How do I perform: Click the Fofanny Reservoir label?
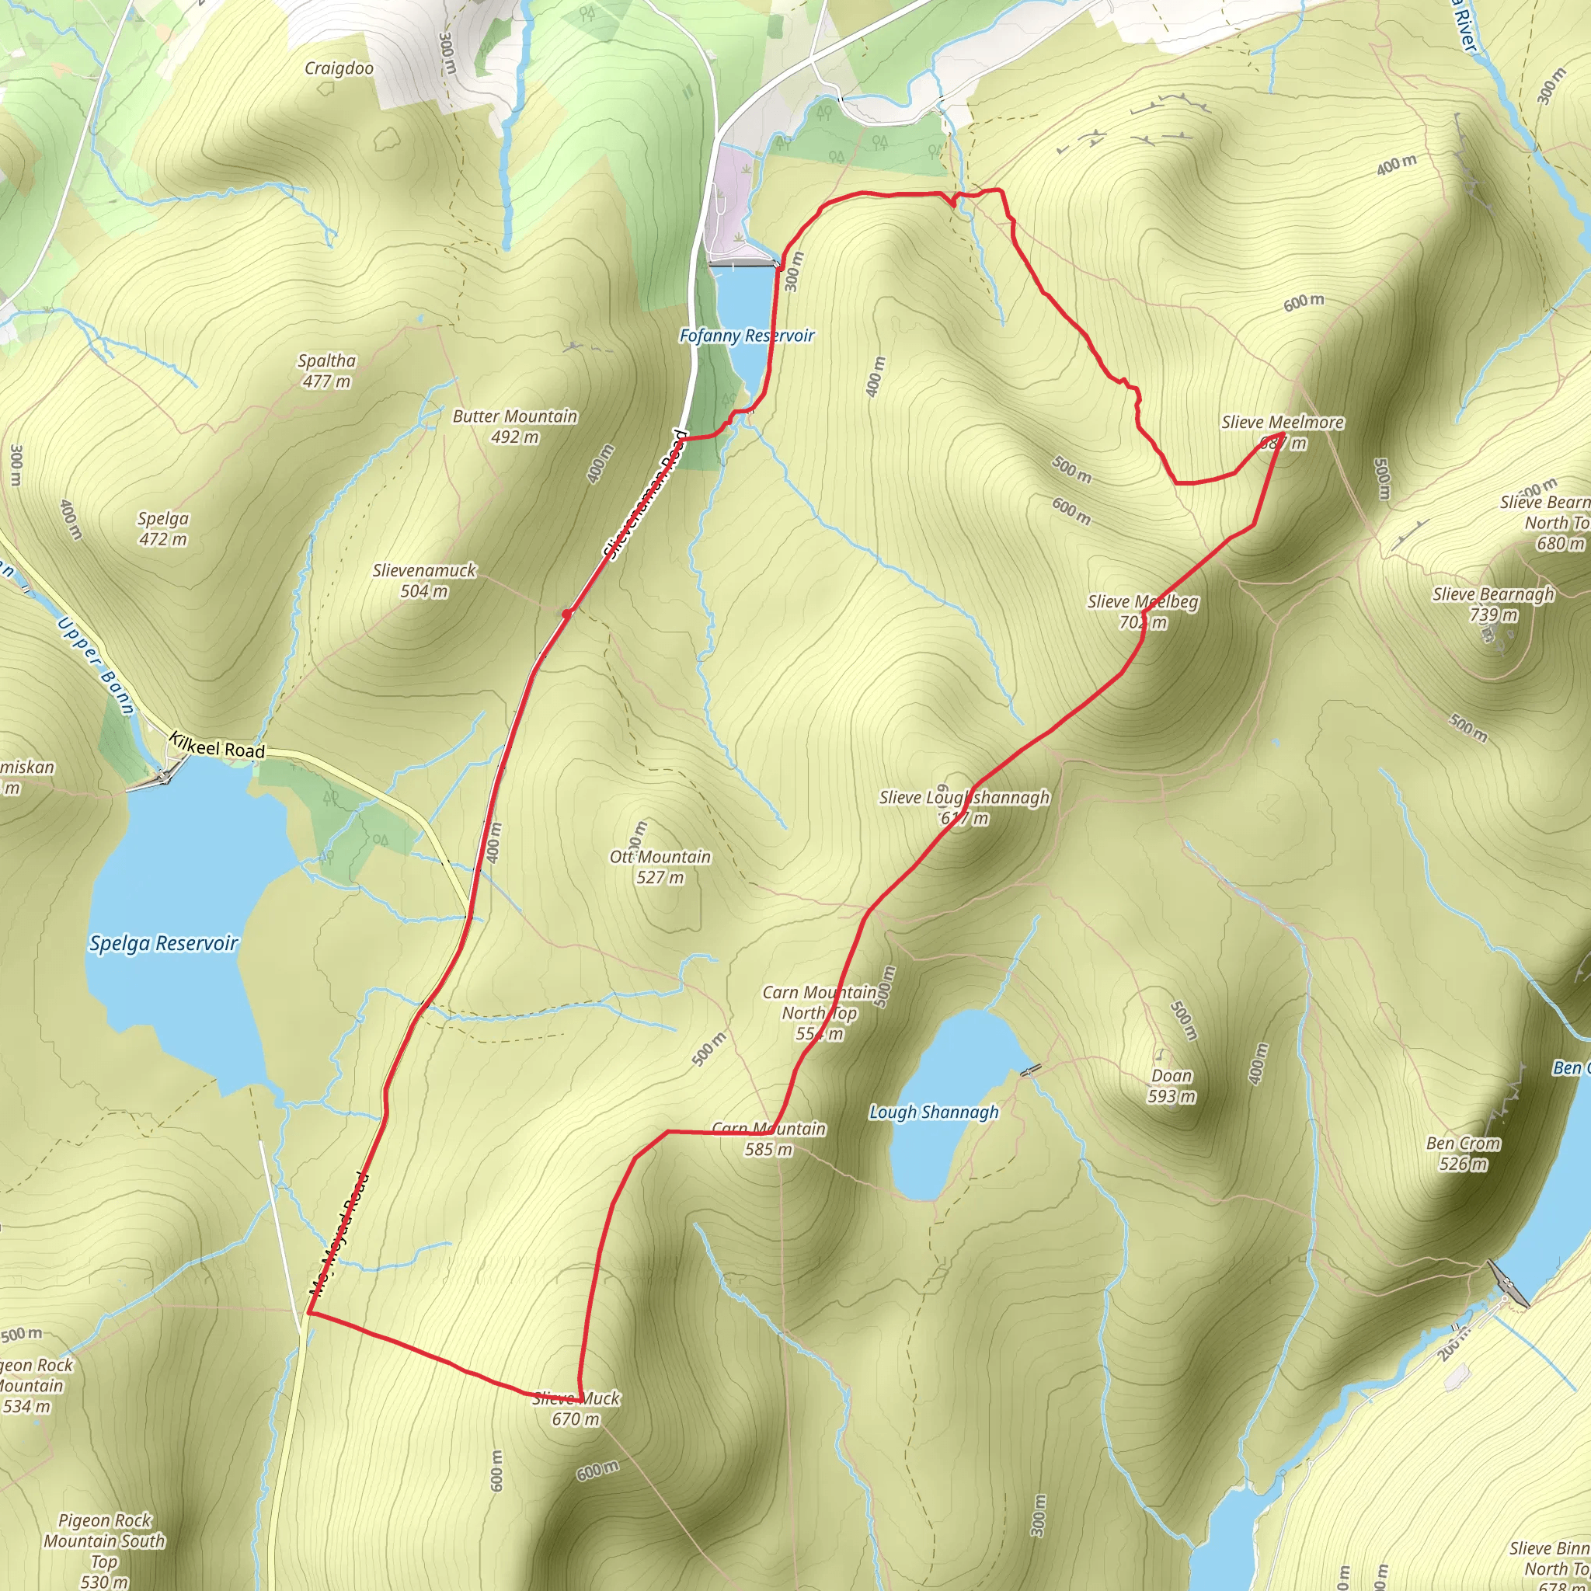[x=746, y=335]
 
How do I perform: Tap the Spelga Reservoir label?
[x=163, y=943]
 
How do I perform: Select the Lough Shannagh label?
[x=934, y=1112]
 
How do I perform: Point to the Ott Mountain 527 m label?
[x=660, y=867]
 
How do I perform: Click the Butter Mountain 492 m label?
[x=515, y=426]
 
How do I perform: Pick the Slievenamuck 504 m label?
[x=424, y=580]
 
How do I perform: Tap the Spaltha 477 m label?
[x=327, y=371]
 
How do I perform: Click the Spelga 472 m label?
[x=162, y=529]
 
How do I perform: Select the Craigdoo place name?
[x=339, y=68]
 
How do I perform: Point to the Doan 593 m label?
[x=1171, y=1085]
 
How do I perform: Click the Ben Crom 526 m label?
[x=1463, y=1153]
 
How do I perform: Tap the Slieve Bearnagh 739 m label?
[x=1493, y=604]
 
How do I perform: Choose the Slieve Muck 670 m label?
[x=576, y=1408]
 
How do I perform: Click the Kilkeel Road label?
[x=218, y=746]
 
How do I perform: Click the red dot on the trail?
[x=566, y=614]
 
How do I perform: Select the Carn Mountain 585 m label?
[x=768, y=1139]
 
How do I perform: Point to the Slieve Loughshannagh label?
[x=964, y=807]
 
